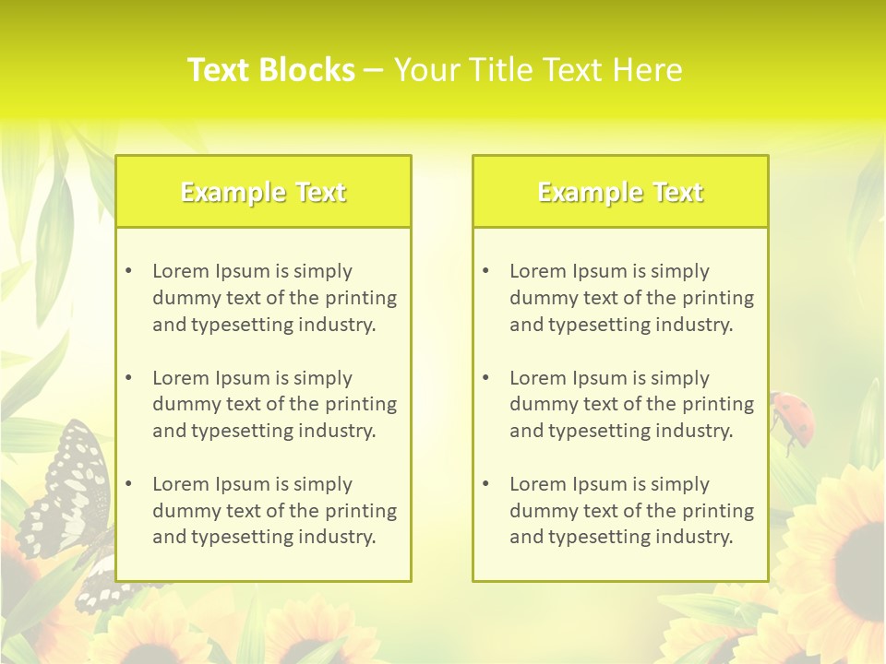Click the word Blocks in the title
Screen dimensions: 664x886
coord(306,70)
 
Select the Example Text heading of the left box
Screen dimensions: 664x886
coord(263,192)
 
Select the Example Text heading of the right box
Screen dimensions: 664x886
coord(620,192)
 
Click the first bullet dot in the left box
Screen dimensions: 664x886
coord(128,271)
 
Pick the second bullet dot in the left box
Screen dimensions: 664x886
coord(128,378)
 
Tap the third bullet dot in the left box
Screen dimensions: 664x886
coord(128,484)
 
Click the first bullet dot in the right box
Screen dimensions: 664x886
coord(485,271)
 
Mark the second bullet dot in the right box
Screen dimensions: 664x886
coord(485,378)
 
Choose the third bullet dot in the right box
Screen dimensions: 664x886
coord(485,484)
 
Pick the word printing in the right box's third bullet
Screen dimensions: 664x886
coord(716,511)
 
